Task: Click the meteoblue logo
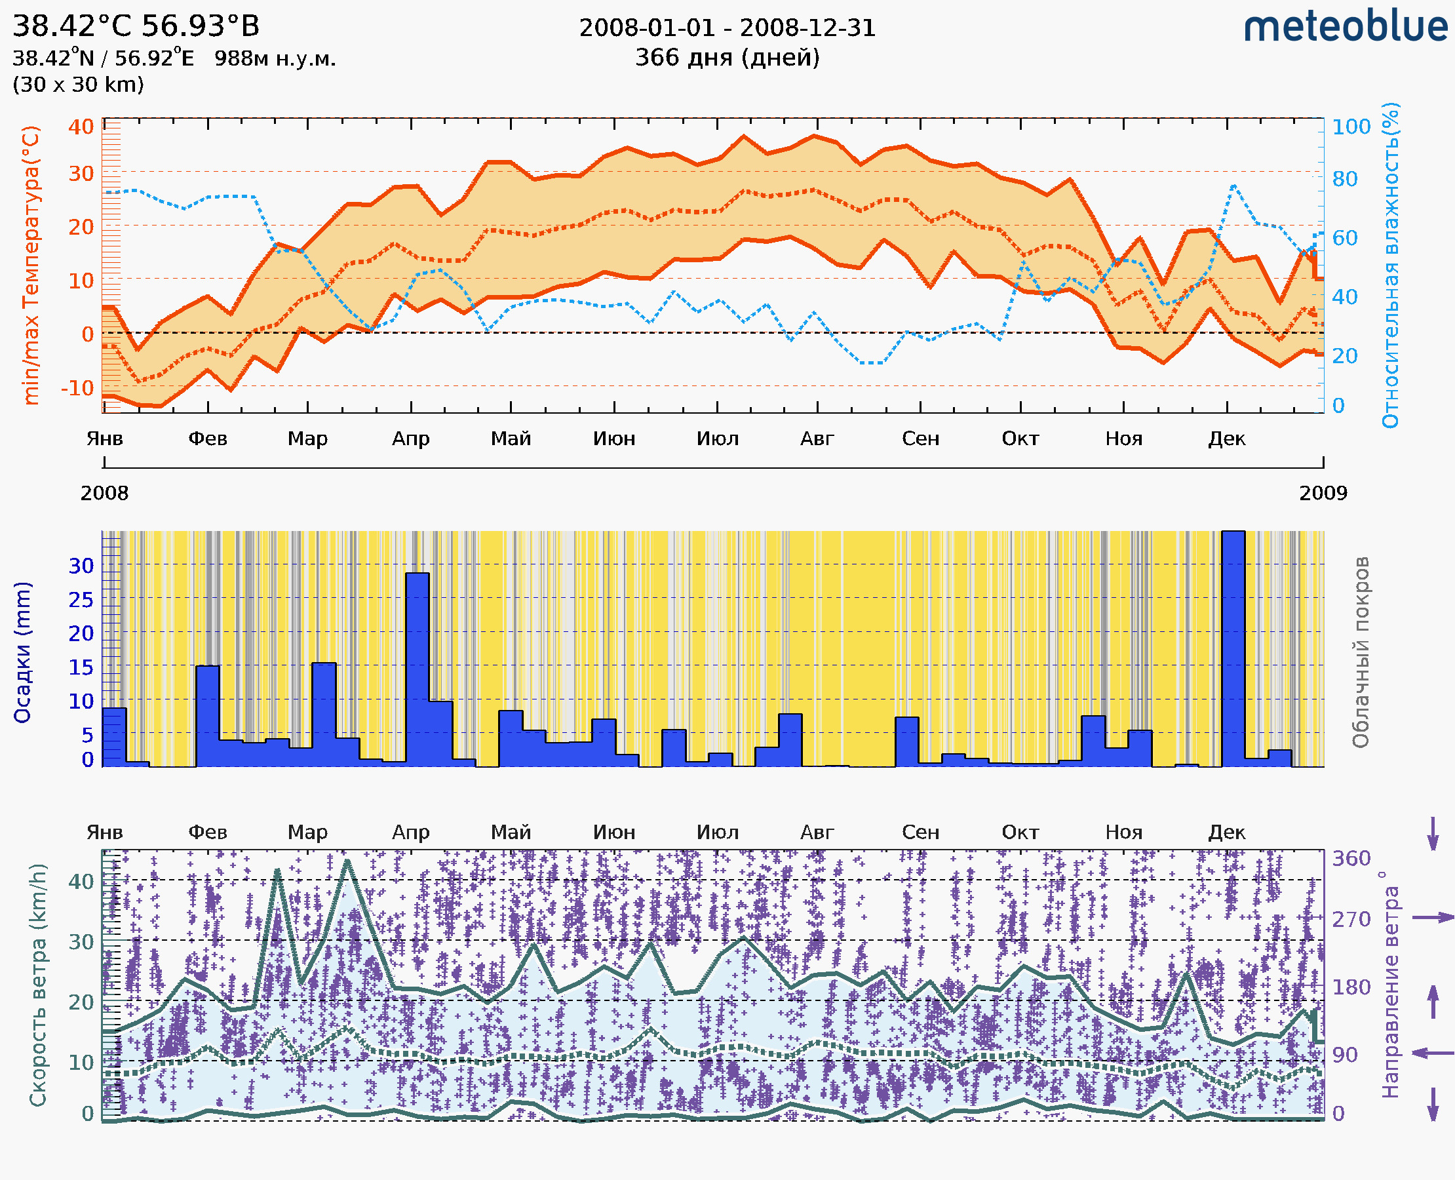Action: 1345,27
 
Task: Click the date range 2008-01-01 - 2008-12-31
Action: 727,28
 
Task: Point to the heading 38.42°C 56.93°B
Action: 136,26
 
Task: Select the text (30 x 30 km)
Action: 78,85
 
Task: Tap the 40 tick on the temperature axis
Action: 81,127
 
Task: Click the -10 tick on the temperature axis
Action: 77,388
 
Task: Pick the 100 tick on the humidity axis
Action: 1351,127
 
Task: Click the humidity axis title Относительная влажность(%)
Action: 1390,265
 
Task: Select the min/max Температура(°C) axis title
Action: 31,265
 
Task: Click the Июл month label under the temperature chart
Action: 717,439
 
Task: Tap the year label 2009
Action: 1323,493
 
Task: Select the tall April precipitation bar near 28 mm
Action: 417,669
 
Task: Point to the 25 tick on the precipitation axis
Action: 81,600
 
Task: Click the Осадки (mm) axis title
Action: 22,652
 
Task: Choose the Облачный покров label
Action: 1360,652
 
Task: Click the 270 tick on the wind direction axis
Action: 1351,919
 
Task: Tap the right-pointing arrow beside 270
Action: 1433,918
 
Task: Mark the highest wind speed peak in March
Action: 347,861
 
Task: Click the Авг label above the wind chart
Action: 816,832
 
